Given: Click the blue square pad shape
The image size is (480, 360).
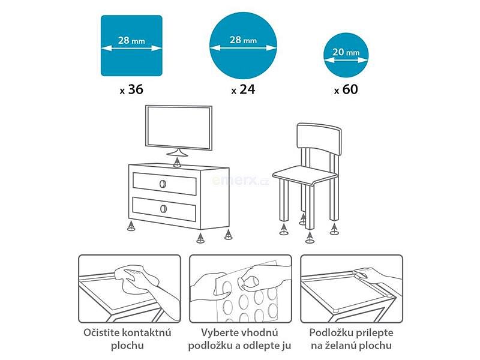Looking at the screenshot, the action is point(131,46).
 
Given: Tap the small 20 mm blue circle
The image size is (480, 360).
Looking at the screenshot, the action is point(346,55).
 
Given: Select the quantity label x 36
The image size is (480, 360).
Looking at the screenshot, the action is point(131,89).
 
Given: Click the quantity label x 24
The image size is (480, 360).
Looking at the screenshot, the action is point(243,89).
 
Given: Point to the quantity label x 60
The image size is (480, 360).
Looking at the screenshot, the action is point(346,89).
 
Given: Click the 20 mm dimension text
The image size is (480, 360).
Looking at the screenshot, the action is point(346,52).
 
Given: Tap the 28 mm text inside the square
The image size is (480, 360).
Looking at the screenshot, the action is point(131,40).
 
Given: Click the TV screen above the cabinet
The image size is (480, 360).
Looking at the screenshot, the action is point(179,128).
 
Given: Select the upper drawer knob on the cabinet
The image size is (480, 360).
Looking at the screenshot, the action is point(163,184).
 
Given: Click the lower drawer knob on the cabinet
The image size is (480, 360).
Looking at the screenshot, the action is point(163,209).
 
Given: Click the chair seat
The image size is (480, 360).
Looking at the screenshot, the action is point(305,175).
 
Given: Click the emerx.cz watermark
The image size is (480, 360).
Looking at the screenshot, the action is point(241,181).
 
